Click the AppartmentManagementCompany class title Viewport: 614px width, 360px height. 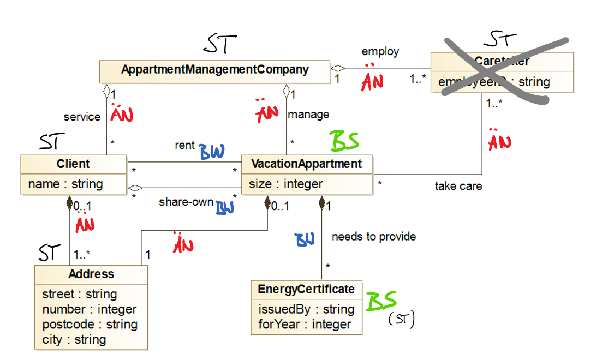[214, 70]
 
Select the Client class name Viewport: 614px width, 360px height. [73, 164]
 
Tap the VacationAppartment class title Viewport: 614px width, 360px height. [306, 164]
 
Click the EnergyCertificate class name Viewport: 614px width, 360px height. [306, 289]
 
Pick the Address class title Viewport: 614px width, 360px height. [91, 274]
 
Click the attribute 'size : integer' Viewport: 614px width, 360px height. [285, 184]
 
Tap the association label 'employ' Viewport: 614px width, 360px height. [380, 51]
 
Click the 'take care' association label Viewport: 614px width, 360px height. [458, 186]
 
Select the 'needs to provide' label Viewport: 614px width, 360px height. [374, 236]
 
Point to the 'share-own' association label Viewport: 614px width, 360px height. [186, 202]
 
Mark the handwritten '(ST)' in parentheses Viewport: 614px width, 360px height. [401, 320]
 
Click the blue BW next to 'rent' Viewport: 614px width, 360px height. [212, 152]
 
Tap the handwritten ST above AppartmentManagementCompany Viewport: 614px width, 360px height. [220, 45]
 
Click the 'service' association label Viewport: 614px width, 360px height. [82, 117]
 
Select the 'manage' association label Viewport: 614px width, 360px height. [308, 115]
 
